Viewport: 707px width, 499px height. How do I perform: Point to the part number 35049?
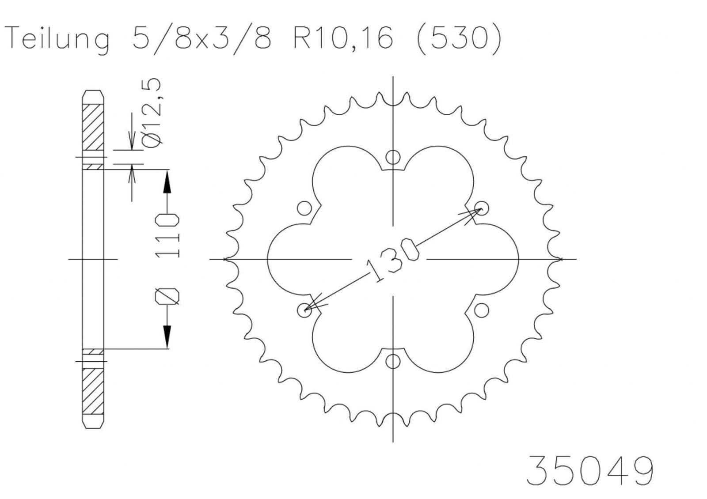pos(589,470)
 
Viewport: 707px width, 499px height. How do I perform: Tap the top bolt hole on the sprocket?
pos(393,157)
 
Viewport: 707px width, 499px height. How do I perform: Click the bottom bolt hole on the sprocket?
pos(393,361)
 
